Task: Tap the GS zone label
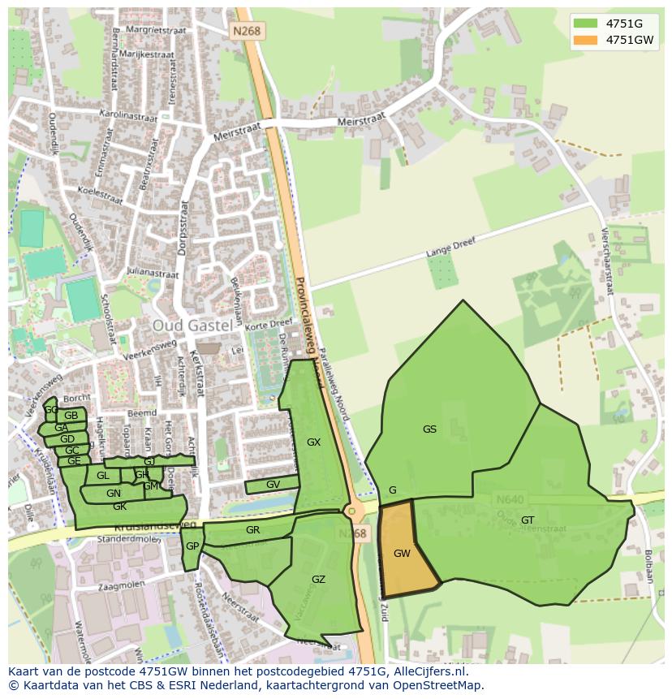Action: coord(429,429)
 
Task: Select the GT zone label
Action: coord(528,520)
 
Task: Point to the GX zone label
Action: coord(313,442)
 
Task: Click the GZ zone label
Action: coord(318,579)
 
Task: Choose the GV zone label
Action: coord(273,485)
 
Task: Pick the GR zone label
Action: coord(252,530)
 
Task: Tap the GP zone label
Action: coord(192,546)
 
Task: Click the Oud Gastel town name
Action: coord(192,325)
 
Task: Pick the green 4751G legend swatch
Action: coord(584,23)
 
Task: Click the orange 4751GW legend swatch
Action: coord(584,39)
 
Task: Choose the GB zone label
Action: coord(71,416)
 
